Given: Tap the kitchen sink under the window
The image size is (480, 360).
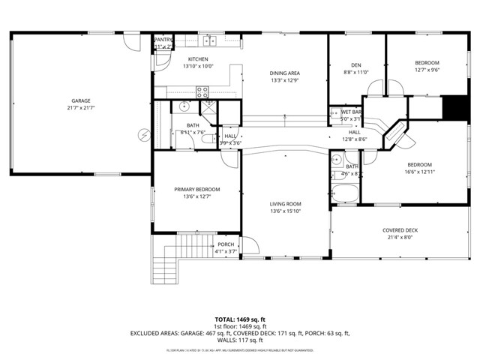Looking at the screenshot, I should [209, 40].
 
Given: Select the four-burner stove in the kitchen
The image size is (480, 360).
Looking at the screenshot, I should [202, 92].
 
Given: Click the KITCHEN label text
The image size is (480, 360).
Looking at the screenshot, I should [198, 58].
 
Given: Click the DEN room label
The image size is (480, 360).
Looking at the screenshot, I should [357, 64].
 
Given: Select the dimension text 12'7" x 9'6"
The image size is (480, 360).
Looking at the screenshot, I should [426, 70].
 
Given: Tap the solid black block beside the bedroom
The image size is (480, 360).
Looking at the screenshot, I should [454, 108].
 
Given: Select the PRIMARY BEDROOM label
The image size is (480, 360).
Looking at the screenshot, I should [197, 190].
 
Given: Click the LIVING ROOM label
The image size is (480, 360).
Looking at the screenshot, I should [286, 204].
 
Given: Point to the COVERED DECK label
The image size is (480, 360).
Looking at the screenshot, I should [400, 230].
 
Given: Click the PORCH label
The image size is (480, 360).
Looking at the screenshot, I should [226, 244].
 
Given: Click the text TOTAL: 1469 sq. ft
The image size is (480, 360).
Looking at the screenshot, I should [240, 319].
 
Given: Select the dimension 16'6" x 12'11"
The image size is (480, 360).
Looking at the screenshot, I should [420, 172].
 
